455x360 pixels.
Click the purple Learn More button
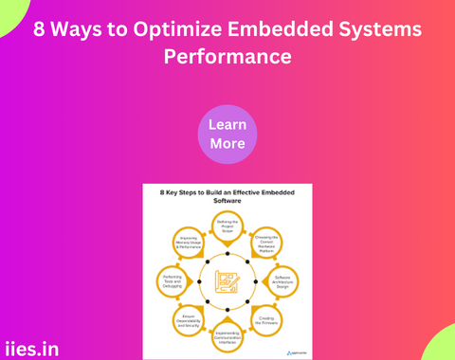point(227,134)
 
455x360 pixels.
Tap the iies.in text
point(30,349)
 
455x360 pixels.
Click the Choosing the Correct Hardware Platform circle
point(266,243)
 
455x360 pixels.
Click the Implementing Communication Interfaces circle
point(227,335)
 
